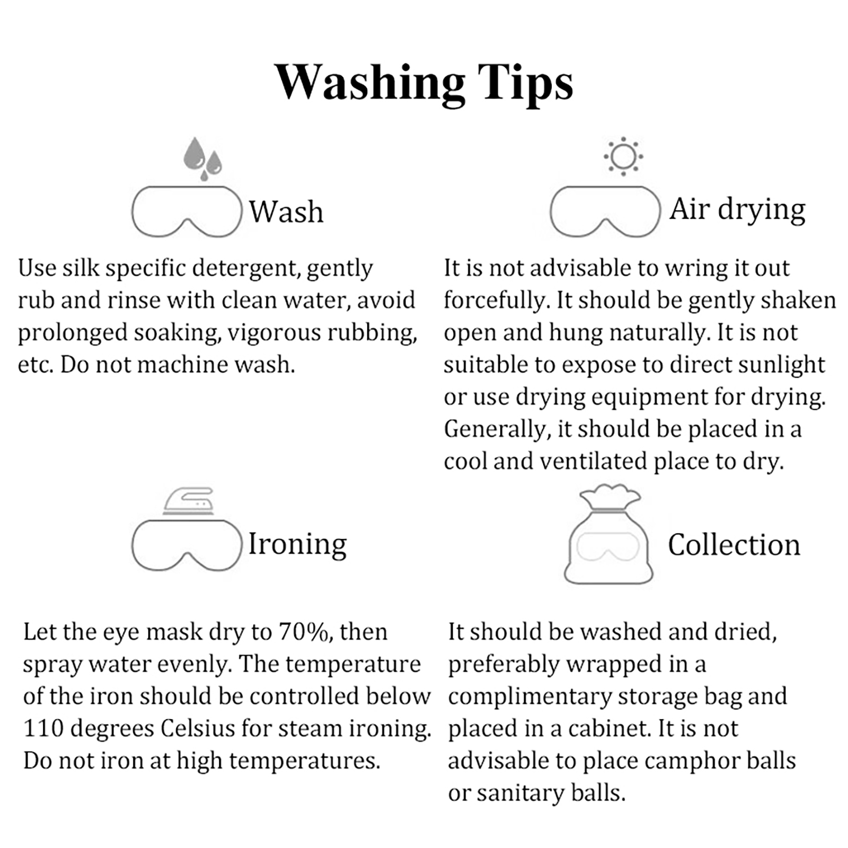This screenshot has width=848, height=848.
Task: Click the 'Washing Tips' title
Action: tap(424, 83)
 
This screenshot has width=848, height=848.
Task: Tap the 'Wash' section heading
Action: tap(286, 211)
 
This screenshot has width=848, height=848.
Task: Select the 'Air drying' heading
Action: tap(737, 210)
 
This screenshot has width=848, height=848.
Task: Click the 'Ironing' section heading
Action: tap(297, 544)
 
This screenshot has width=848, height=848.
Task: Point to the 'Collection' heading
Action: tap(734, 545)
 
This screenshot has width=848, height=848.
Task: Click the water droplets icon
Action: tap(202, 158)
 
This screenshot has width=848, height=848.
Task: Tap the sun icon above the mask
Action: tap(623, 156)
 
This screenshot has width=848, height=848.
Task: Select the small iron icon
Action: tap(188, 501)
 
